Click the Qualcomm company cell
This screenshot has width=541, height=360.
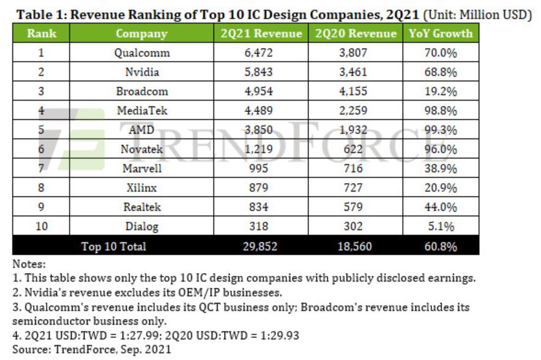[141, 53]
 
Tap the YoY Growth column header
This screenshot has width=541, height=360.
[441, 34]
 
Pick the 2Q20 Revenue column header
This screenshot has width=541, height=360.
[356, 34]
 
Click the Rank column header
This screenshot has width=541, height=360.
[42, 34]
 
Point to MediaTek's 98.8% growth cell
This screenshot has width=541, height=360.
[441, 111]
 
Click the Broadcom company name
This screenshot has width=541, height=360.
[141, 92]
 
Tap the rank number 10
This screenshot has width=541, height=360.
[42, 227]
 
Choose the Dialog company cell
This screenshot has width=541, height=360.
[141, 227]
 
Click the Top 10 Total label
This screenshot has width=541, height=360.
[114, 246]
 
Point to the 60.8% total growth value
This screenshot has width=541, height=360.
[441, 246]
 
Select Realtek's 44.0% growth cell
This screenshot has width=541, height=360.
[441, 208]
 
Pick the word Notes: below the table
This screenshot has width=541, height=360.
[29, 264]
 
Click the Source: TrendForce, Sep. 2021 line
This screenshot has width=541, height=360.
[92, 349]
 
